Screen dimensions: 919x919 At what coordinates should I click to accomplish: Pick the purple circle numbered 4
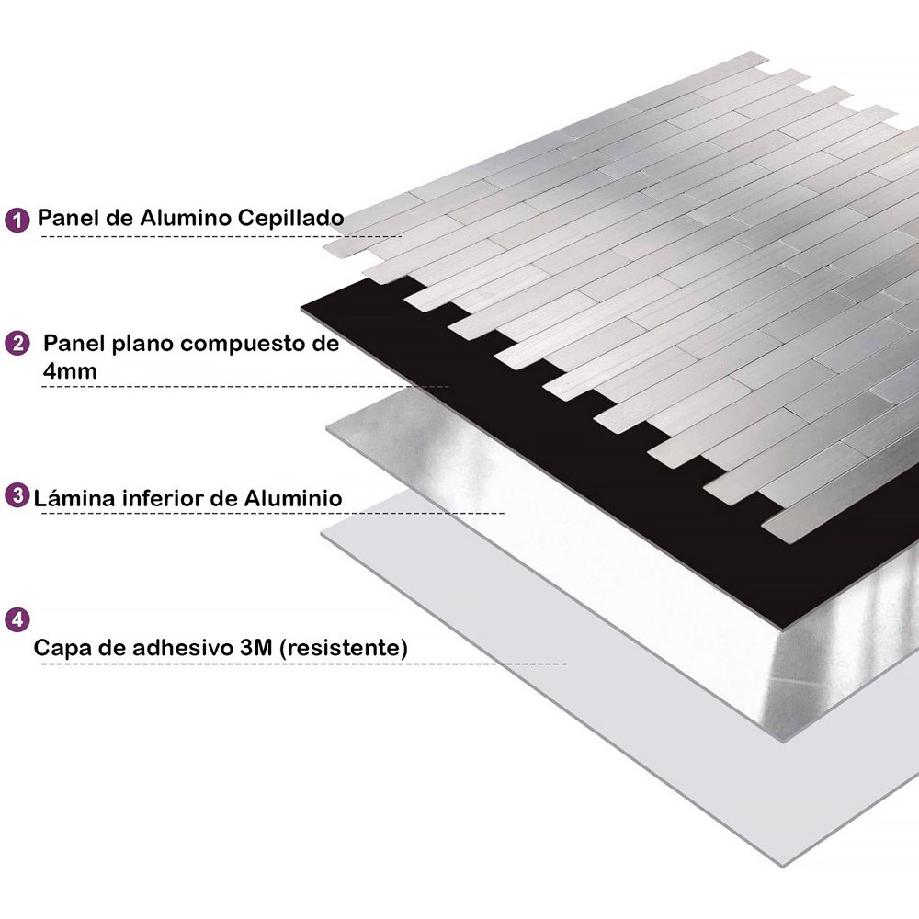(x=17, y=618)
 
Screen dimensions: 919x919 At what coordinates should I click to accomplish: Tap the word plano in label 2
(x=145, y=345)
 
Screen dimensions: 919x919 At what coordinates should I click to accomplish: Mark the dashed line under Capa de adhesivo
(x=303, y=664)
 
